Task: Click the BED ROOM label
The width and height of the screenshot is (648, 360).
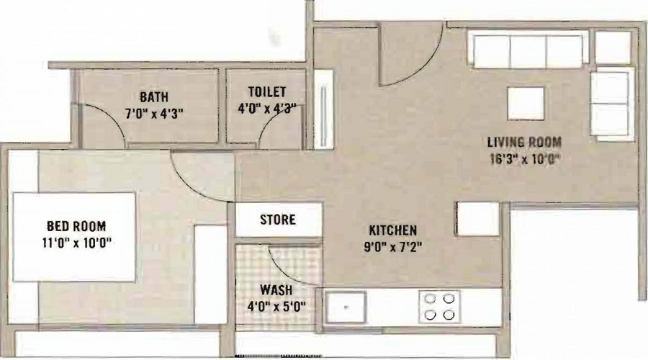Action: pyautogui.click(x=76, y=226)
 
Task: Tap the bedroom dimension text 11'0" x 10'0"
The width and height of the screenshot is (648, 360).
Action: pyautogui.click(x=77, y=243)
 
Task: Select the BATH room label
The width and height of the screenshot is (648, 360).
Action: pyautogui.click(x=154, y=96)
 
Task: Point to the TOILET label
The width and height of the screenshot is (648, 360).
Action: pyautogui.click(x=267, y=91)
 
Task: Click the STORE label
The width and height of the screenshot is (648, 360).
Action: pyautogui.click(x=278, y=220)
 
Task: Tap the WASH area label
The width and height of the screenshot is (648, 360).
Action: pyautogui.click(x=276, y=289)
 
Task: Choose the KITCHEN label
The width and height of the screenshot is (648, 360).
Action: pyautogui.click(x=392, y=230)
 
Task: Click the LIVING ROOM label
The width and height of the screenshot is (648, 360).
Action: pyautogui.click(x=524, y=142)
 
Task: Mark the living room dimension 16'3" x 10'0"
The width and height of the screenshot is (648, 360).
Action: pyautogui.click(x=524, y=159)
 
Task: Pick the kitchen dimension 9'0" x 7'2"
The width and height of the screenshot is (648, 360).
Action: pyautogui.click(x=392, y=247)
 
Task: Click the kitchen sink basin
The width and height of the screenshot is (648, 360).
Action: pyautogui.click(x=346, y=307)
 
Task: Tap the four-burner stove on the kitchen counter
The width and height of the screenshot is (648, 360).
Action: pyautogui.click(x=439, y=307)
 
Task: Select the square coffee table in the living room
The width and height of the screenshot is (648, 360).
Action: pyautogui.click(x=526, y=104)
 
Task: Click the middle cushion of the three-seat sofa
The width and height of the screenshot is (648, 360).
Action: pyautogui.click(x=528, y=51)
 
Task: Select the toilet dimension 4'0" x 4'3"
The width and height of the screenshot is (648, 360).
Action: pyautogui.click(x=267, y=108)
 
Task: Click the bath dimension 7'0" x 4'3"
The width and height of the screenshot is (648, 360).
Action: pyautogui.click(x=154, y=114)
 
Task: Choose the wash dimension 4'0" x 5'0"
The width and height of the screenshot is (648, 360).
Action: pyautogui.click(x=276, y=307)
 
